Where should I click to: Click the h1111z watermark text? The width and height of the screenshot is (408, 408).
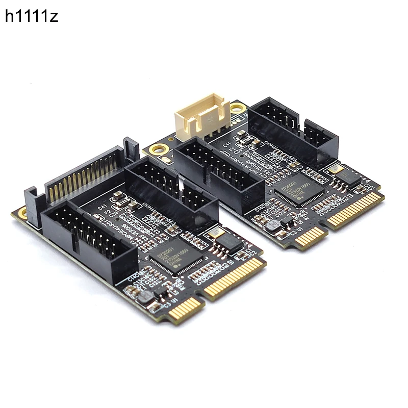pos(32,16)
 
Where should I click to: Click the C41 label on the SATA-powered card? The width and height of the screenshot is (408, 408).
pos(103,207)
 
